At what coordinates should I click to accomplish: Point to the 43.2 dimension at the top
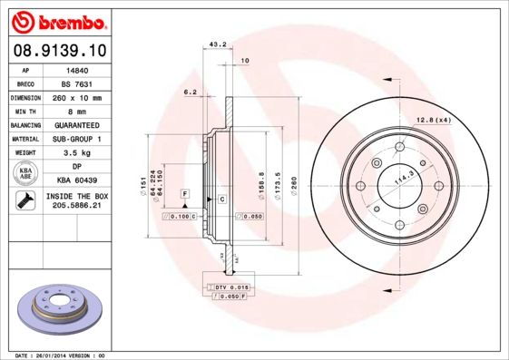(x=217, y=43)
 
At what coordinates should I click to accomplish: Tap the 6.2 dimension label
(x=191, y=92)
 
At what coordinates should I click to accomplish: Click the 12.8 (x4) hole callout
(x=433, y=120)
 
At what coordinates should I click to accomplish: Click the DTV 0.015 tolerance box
(x=233, y=287)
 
